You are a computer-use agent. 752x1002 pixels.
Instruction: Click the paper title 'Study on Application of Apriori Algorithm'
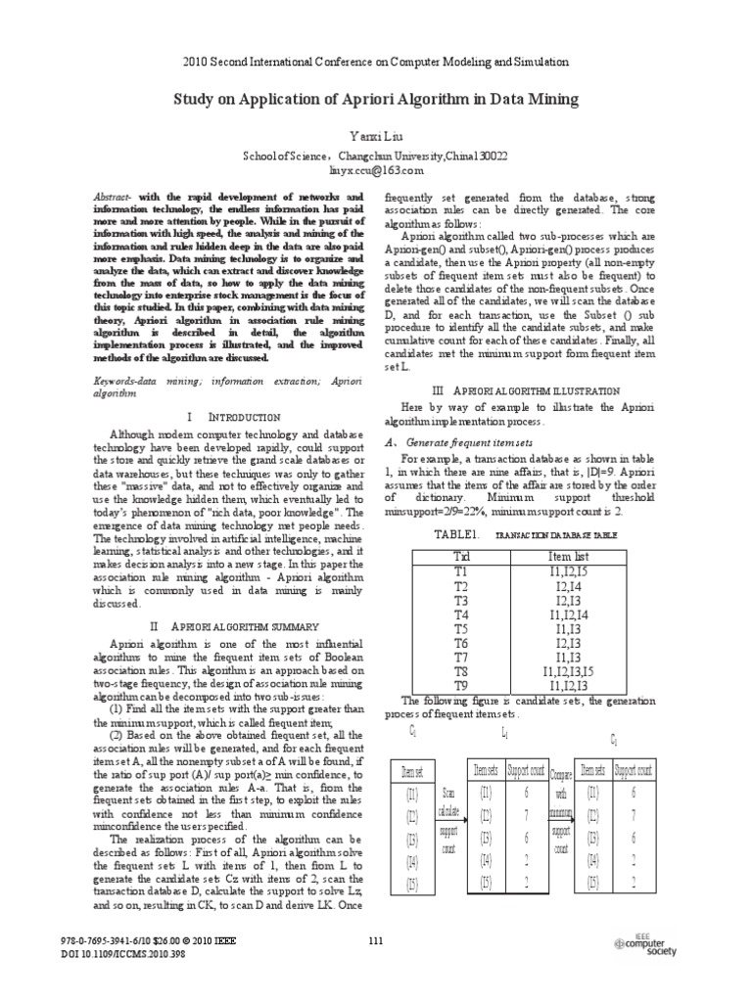point(376,99)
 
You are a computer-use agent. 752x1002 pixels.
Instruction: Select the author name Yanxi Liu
point(376,133)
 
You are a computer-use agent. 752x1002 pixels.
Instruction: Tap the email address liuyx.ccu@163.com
point(376,169)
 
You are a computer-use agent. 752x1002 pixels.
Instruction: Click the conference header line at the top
point(376,61)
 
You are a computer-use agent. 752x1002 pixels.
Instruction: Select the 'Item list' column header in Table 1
point(567,556)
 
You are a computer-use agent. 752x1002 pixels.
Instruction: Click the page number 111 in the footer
point(376,941)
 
